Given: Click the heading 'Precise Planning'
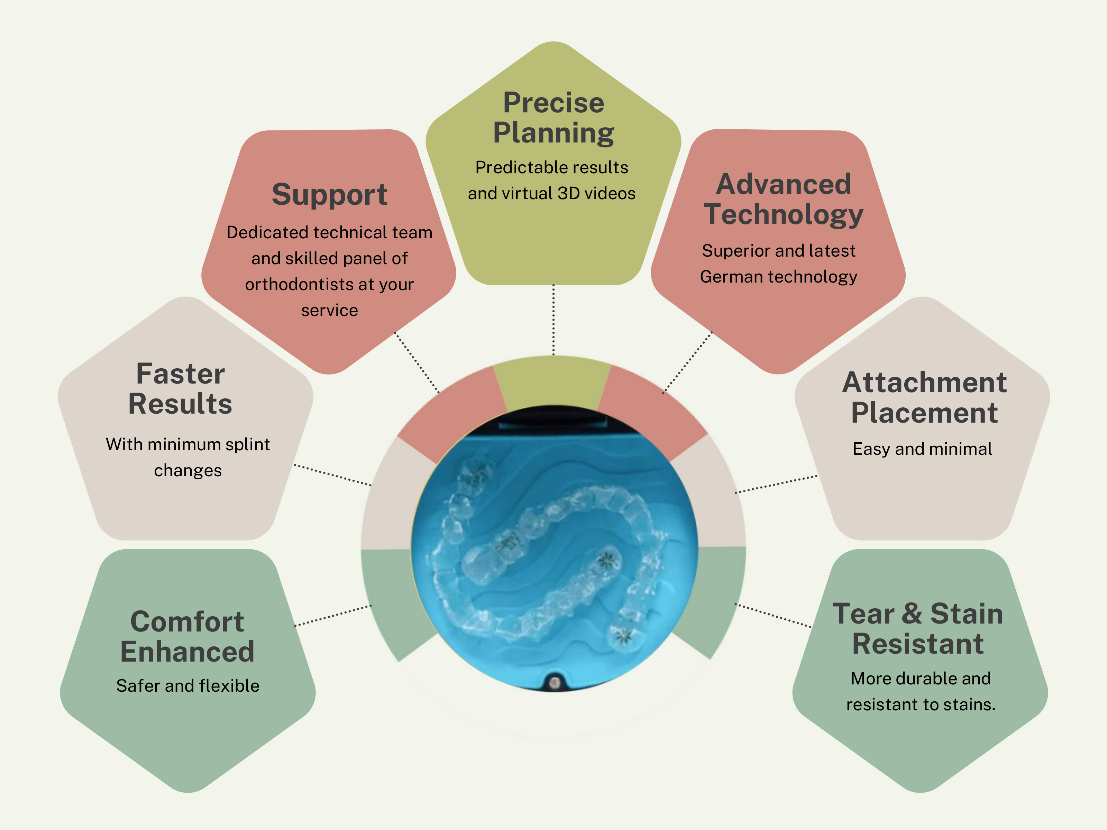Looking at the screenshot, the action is click(x=553, y=118).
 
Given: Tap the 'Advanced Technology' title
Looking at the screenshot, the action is click(x=783, y=200).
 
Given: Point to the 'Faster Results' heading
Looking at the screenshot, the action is click(x=180, y=389).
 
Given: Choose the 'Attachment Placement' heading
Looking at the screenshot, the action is click(x=924, y=397).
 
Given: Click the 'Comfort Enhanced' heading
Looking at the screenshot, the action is click(x=187, y=636).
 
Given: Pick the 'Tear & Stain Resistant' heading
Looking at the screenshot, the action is click(x=918, y=628).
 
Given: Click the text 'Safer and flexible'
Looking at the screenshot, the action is click(x=187, y=685).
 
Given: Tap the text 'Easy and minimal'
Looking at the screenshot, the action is click(x=922, y=449).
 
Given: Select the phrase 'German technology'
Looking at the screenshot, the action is click(x=779, y=277).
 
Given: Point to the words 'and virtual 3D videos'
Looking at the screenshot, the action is click(x=551, y=193).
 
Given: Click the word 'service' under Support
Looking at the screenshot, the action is click(x=329, y=310).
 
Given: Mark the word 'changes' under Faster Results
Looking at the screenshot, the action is click(x=187, y=471).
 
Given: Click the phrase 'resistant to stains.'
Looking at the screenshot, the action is click(x=921, y=704).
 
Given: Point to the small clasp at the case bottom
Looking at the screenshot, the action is click(x=554, y=682).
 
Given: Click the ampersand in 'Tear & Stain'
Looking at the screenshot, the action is click(x=912, y=614).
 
